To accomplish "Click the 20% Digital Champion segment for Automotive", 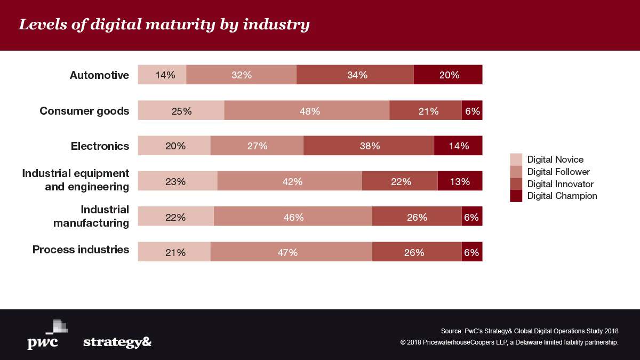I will (x=448, y=75).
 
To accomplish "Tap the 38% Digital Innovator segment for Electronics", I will (x=369, y=146).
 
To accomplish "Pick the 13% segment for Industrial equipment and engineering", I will (x=460, y=181).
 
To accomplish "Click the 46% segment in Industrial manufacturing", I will (x=293, y=217).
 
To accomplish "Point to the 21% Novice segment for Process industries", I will (x=174, y=252).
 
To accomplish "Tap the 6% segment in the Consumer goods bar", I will (x=472, y=110).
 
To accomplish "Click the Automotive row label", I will (x=99, y=75).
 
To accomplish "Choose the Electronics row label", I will (x=100, y=146).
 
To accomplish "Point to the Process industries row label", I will (x=81, y=250).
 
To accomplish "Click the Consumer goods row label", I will (x=84, y=111).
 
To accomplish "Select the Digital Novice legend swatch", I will (x=516, y=159).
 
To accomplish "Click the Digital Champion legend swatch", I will (x=516, y=196).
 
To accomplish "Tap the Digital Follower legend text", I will (x=558, y=172).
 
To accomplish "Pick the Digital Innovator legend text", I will (x=560, y=184).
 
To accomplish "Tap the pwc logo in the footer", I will (x=45, y=335).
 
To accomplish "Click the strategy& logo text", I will (x=117, y=342).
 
